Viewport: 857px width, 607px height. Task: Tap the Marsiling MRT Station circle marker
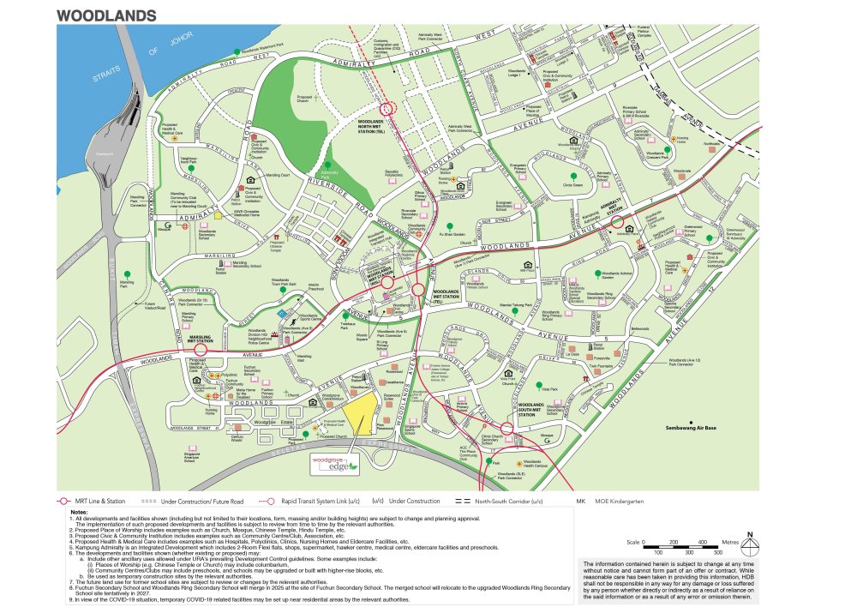pos(201,350)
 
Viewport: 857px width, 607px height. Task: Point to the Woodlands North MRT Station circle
pos(387,109)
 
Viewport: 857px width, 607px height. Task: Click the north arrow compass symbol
pos(750,544)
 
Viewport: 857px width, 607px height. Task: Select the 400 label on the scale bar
pos(702,543)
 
